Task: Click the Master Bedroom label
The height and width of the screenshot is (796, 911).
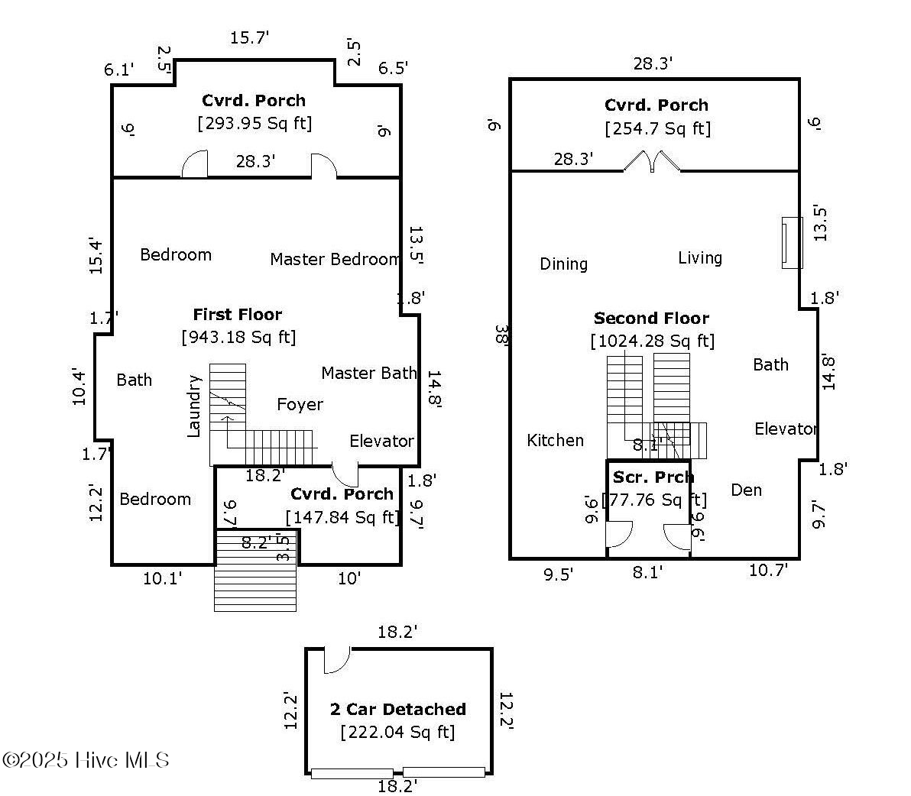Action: pyautogui.click(x=335, y=260)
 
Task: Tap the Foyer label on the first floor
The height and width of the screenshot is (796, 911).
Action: pyautogui.click(x=300, y=405)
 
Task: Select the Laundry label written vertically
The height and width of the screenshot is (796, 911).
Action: pyautogui.click(x=194, y=406)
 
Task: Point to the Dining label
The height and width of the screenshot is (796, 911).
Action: pyautogui.click(x=563, y=264)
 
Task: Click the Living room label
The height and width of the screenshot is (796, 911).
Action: pyautogui.click(x=699, y=258)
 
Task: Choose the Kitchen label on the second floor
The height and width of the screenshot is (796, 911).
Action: pyautogui.click(x=555, y=441)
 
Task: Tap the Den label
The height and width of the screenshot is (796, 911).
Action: pyautogui.click(x=746, y=490)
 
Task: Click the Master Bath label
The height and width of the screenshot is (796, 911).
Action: pyautogui.click(x=368, y=374)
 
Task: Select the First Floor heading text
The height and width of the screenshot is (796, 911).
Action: pyautogui.click(x=237, y=315)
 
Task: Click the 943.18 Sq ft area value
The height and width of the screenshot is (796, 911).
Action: pyautogui.click(x=238, y=337)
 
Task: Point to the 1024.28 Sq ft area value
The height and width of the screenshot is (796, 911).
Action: pyautogui.click(x=653, y=341)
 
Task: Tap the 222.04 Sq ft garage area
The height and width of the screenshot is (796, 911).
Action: pyautogui.click(x=397, y=733)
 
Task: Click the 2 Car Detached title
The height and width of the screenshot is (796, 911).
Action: pyautogui.click(x=397, y=710)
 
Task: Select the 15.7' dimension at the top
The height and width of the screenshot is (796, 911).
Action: pyautogui.click(x=249, y=37)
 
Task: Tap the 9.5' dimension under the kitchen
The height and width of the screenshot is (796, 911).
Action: pyautogui.click(x=558, y=574)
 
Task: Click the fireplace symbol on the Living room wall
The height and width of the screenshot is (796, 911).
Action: pyautogui.click(x=792, y=243)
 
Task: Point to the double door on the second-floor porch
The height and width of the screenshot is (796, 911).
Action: pyautogui.click(x=652, y=161)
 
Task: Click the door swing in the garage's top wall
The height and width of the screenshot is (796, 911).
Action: pyautogui.click(x=337, y=660)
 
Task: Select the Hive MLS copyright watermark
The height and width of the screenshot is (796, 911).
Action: pyautogui.click(x=86, y=760)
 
